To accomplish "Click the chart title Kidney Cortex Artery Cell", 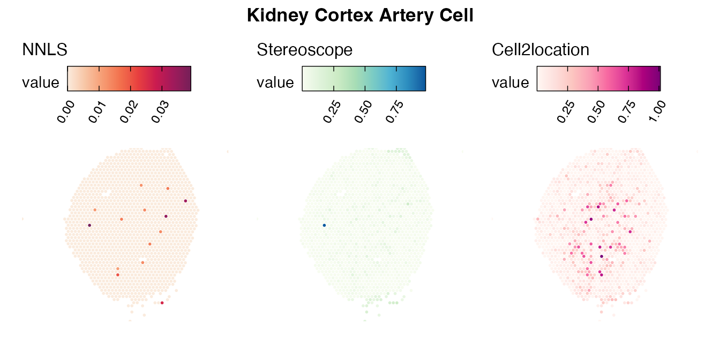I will [360, 16].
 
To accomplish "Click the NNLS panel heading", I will [44, 50].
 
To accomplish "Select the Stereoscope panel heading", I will [304, 50].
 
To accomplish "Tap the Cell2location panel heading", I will [540, 50].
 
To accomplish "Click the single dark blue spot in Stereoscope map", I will [324, 226].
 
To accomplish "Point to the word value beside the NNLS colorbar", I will [40, 82].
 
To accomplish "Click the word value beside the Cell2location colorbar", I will [510, 82].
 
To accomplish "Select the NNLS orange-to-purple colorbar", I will [129, 79].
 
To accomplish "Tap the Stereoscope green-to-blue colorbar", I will [364, 79].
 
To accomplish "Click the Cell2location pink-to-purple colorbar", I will [598, 79].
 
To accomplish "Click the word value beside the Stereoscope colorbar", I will [275, 82].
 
